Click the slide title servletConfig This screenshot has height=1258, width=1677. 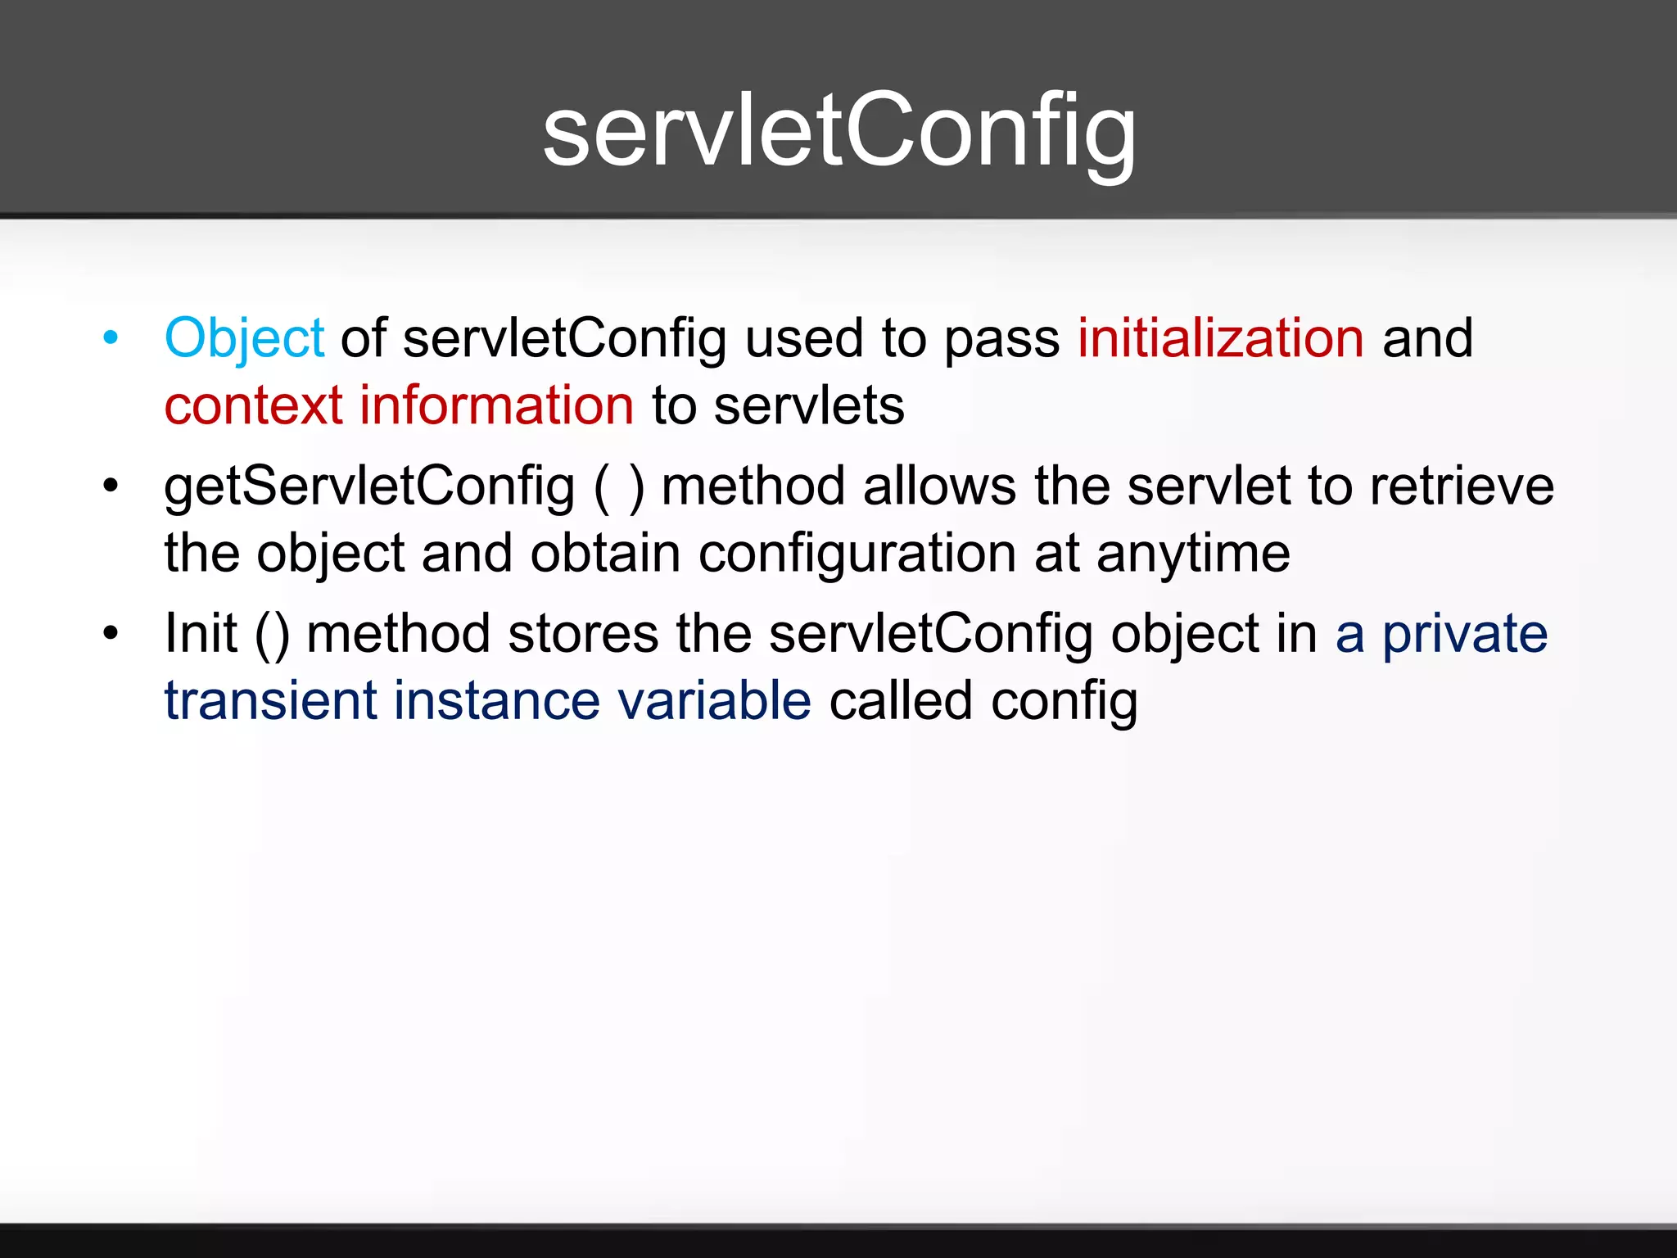tap(839, 131)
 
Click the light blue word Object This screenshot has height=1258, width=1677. tap(244, 338)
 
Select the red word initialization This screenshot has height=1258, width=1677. tap(1220, 338)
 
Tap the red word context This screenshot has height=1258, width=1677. tap(253, 405)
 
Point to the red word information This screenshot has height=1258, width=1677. tap(496, 405)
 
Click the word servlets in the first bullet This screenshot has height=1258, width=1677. tap(808, 405)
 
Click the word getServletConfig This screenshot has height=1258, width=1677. tap(369, 486)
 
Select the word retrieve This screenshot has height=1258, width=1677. tap(1462, 486)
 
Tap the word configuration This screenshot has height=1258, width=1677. tap(857, 554)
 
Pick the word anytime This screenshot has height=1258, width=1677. tap(1193, 554)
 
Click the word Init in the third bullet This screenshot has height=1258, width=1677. tap(201, 634)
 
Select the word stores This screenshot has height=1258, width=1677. tap(582, 634)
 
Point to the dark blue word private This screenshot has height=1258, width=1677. tap(1465, 634)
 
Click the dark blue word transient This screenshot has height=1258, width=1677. tap(269, 701)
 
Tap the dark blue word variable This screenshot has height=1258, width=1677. tap(713, 701)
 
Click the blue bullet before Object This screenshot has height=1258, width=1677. tap(111, 337)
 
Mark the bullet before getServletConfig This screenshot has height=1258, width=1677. tap(111, 486)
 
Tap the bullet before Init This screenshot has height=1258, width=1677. tap(111, 633)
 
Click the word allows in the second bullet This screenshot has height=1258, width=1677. tap(939, 486)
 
